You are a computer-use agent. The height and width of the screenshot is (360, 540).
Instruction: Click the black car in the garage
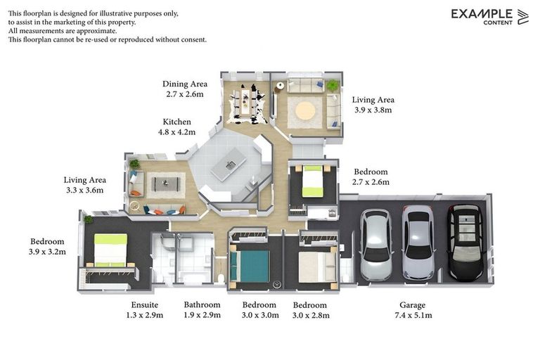(x=465, y=243)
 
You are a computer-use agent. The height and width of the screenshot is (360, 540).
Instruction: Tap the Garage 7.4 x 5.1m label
(x=413, y=310)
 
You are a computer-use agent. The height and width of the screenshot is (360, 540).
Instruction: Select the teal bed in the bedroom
(x=250, y=266)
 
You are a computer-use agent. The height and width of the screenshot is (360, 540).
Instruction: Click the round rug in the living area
(x=305, y=111)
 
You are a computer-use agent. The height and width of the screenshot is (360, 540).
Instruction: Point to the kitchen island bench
(x=229, y=164)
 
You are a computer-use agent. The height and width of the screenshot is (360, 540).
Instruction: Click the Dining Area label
(x=185, y=84)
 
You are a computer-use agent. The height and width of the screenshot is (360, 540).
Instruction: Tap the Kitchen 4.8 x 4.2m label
(x=176, y=127)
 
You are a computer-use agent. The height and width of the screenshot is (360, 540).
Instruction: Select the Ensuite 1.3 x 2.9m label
(x=145, y=310)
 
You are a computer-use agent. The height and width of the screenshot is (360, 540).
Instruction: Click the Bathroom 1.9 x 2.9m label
(x=202, y=310)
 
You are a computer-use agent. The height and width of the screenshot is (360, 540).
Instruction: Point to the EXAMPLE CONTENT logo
(x=489, y=17)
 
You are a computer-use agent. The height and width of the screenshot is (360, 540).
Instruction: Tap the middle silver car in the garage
(x=418, y=243)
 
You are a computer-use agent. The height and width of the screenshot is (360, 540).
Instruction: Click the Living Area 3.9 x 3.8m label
(x=373, y=105)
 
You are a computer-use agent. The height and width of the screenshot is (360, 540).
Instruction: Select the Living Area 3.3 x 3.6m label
(x=84, y=185)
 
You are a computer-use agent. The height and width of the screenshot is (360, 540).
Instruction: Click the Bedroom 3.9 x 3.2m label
(x=47, y=247)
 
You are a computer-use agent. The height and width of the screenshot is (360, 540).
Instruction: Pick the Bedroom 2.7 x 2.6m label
(x=371, y=176)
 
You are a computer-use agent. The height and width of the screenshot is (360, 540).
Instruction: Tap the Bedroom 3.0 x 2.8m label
(x=311, y=310)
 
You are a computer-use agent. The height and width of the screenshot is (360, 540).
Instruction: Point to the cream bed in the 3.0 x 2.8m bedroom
(x=317, y=267)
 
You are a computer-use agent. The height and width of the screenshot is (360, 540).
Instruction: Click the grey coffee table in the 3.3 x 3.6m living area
(x=166, y=184)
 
